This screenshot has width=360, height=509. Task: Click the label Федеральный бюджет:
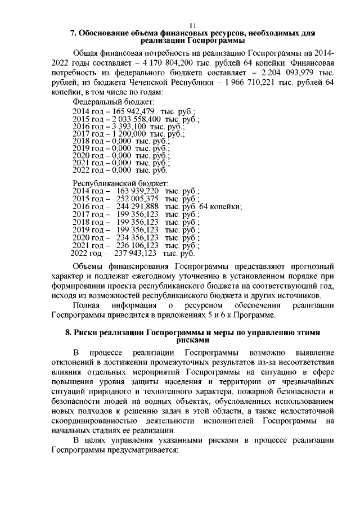click(x=113, y=102)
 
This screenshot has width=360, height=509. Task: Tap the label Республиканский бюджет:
click(x=120, y=183)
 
